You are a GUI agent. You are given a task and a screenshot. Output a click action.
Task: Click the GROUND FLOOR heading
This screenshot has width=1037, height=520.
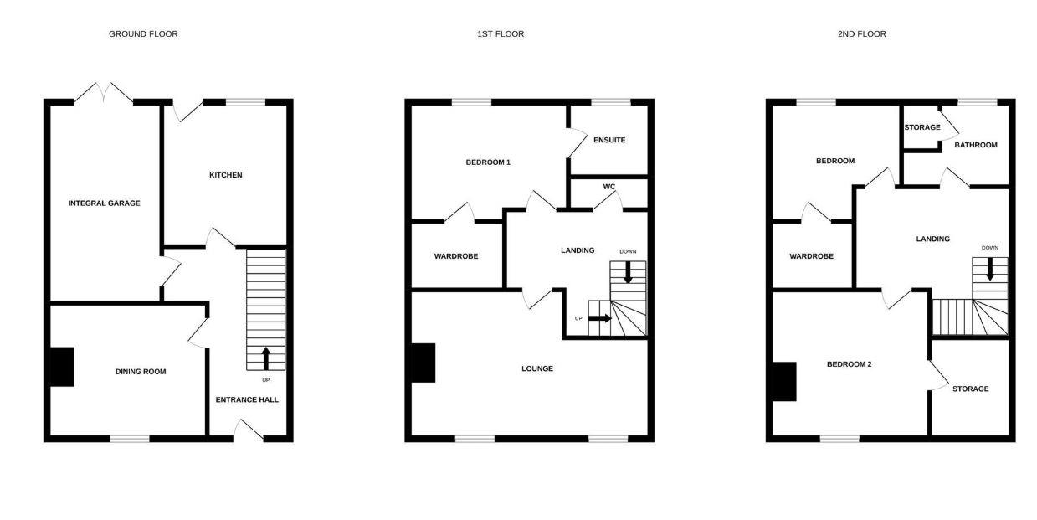pyautogui.click(x=143, y=34)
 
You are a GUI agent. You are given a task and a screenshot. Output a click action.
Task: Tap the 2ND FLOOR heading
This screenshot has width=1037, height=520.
pyautogui.click(x=861, y=34)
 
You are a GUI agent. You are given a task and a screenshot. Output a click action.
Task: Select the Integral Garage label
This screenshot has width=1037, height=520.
pyautogui.click(x=104, y=203)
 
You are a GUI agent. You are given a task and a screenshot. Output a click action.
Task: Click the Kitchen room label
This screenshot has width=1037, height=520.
pyautogui.click(x=225, y=175)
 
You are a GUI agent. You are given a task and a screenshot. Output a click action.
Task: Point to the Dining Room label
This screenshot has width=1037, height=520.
pyautogui.click(x=141, y=372)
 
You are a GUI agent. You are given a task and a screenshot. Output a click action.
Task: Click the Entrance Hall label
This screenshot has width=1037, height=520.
pyautogui.click(x=247, y=399)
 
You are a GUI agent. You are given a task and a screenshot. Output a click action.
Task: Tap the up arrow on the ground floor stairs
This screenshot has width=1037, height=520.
pyautogui.click(x=266, y=358)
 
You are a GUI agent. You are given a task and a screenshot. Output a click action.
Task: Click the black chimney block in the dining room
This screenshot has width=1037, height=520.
pyautogui.click(x=62, y=367)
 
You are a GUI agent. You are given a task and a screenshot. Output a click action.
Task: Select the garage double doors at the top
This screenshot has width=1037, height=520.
pyautogui.click(x=104, y=92)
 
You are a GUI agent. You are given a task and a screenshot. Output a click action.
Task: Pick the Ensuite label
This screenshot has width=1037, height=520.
pyautogui.click(x=608, y=140)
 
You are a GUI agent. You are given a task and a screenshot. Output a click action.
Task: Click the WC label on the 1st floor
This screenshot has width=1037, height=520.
pyautogui.click(x=608, y=187)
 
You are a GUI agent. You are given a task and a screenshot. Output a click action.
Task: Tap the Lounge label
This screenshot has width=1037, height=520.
pyautogui.click(x=536, y=368)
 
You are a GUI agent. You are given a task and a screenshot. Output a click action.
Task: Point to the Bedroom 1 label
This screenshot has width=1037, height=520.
pyautogui.click(x=488, y=162)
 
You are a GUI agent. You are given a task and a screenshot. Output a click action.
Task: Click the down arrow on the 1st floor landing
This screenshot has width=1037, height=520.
pyautogui.click(x=627, y=271)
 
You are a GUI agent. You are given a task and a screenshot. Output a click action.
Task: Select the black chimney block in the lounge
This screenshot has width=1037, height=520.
pyautogui.click(x=423, y=363)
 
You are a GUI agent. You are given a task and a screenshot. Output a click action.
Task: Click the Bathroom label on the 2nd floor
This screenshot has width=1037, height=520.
pyautogui.click(x=976, y=145)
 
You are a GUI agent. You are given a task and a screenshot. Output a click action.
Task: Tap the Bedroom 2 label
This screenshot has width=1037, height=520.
pyautogui.click(x=849, y=364)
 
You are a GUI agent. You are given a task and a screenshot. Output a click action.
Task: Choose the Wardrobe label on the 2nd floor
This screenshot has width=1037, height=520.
pyautogui.click(x=811, y=256)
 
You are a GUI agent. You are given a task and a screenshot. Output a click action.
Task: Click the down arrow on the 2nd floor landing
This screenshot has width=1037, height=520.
pyautogui.click(x=990, y=269)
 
